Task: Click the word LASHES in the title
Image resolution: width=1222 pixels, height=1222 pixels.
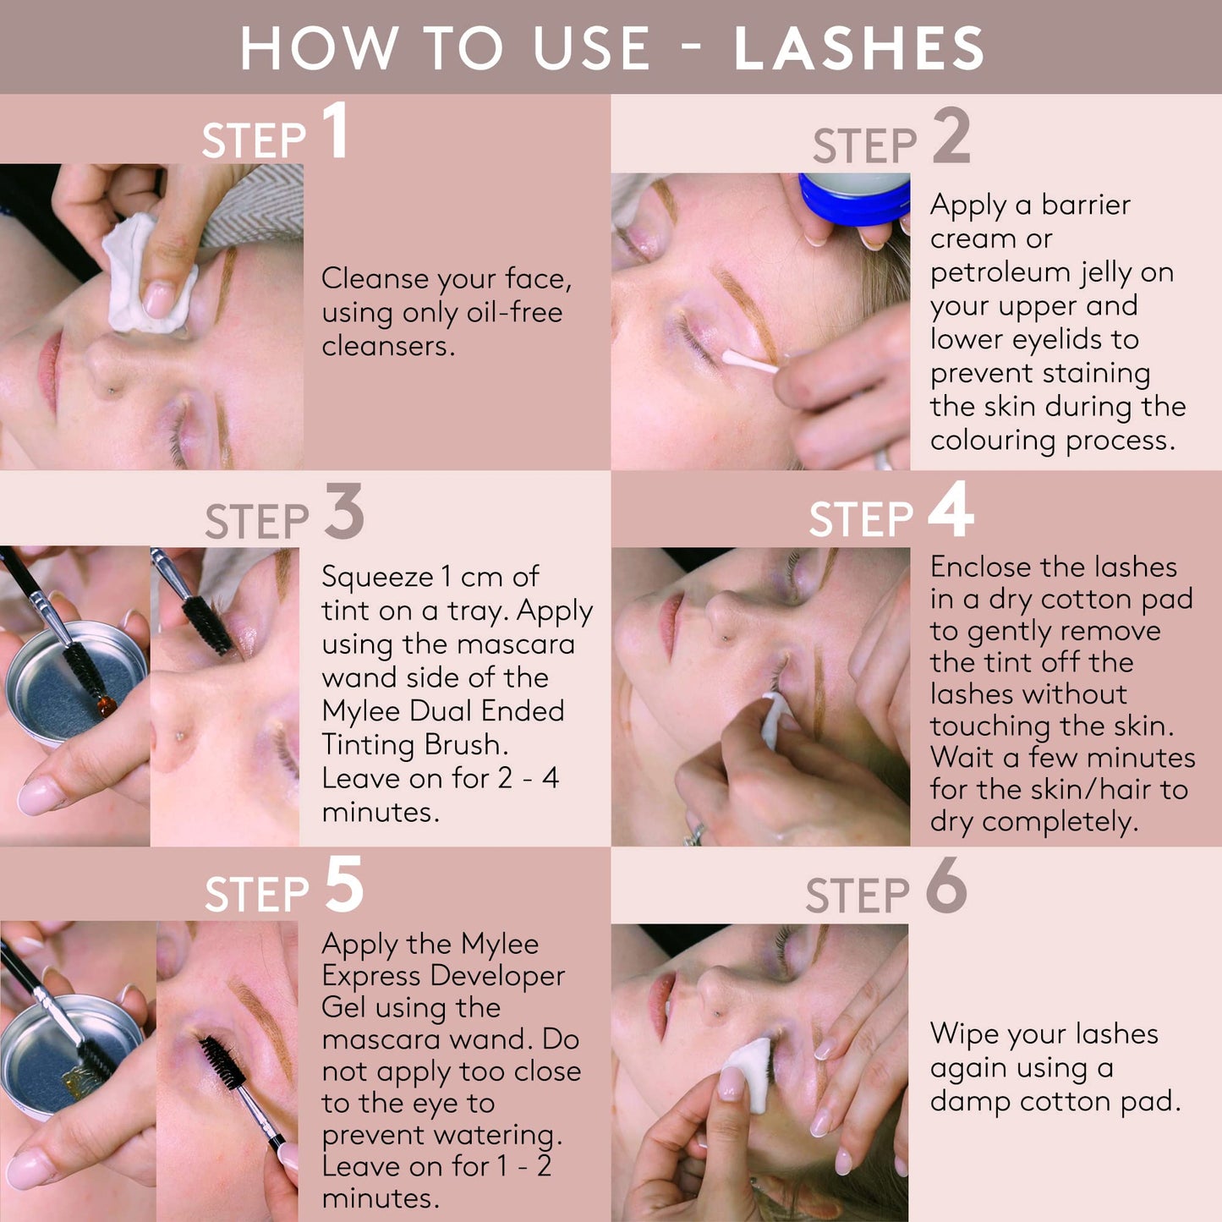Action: (858, 48)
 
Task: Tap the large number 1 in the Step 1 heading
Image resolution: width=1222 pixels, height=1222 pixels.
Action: (335, 130)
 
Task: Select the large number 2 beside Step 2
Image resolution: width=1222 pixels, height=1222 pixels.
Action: (951, 135)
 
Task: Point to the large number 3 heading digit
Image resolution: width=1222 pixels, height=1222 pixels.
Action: (344, 511)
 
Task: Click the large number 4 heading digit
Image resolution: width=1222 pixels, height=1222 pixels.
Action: (951, 508)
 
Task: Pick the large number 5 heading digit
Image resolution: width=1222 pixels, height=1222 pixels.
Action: (344, 884)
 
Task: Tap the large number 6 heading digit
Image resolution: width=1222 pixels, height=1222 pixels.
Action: (946, 885)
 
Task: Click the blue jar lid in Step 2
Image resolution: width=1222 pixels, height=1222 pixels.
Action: (854, 199)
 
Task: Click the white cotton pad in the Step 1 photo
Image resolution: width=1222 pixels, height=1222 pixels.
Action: (145, 276)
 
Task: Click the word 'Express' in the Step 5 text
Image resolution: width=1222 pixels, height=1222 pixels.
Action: (370, 978)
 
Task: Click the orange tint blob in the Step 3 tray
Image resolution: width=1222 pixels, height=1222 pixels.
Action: (107, 704)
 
